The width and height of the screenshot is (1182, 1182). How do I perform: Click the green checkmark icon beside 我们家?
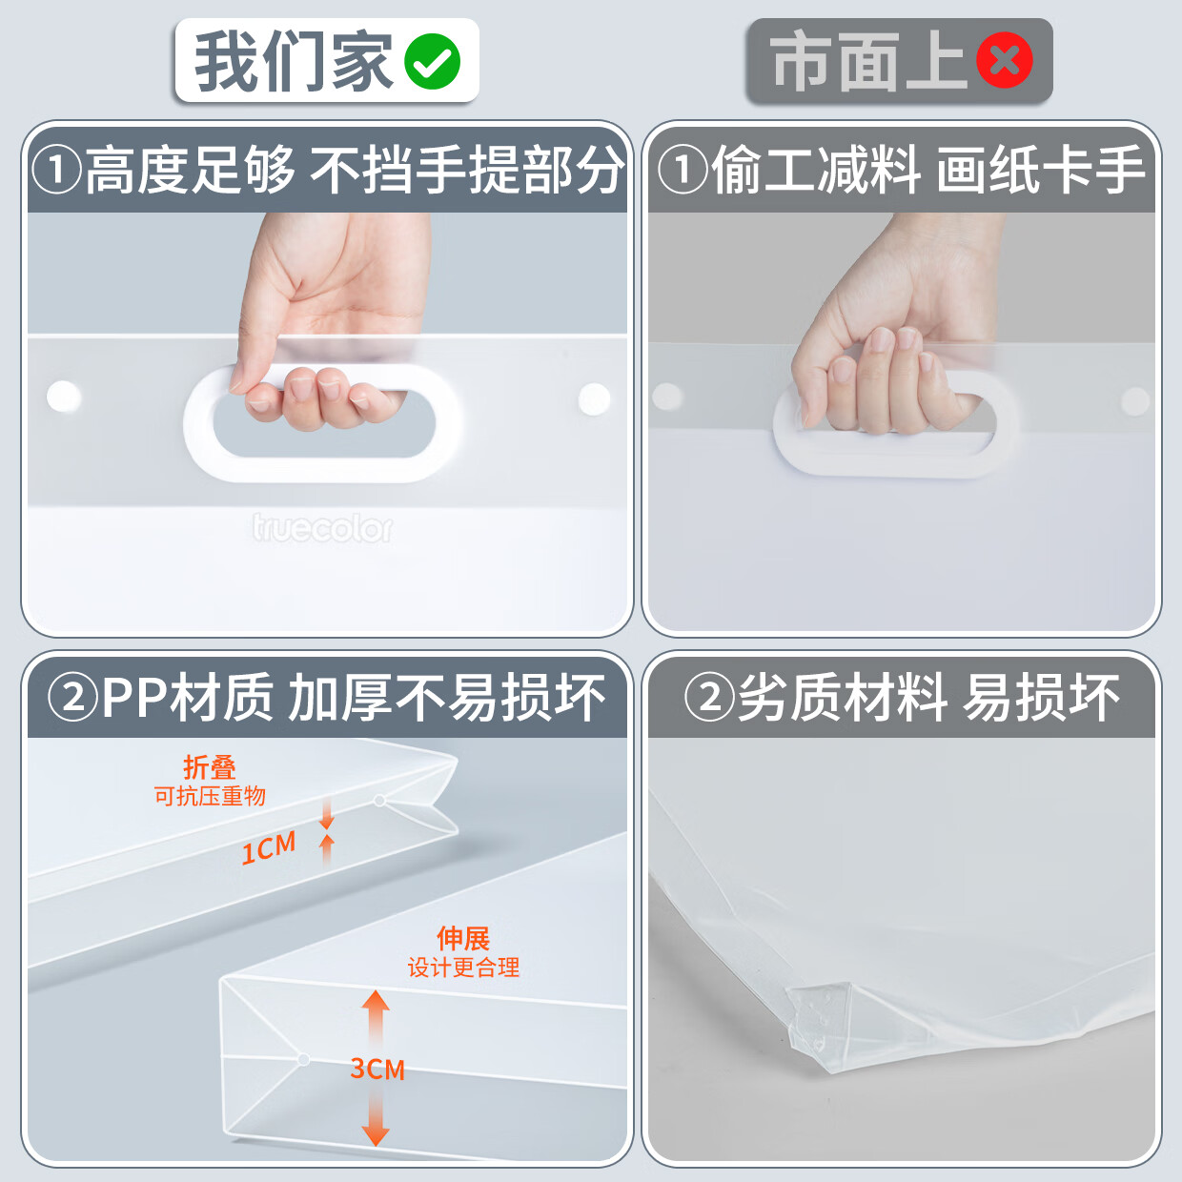click(432, 62)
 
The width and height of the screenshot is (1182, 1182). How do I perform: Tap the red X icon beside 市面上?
click(1005, 61)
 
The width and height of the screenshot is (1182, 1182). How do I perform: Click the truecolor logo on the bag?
click(322, 527)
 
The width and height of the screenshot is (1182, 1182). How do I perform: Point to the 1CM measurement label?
click(268, 847)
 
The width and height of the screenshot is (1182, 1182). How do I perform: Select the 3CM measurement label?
click(377, 1069)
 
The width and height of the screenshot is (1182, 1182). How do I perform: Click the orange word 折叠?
click(210, 767)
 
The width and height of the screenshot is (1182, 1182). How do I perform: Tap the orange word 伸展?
click(463, 938)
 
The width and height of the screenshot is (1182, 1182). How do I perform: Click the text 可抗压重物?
click(210, 796)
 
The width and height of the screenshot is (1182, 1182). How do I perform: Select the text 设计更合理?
click(463, 968)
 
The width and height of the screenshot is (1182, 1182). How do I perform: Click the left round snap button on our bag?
click(64, 396)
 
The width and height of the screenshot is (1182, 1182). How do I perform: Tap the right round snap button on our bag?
click(594, 398)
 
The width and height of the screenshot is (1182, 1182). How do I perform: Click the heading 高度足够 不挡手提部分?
click(353, 171)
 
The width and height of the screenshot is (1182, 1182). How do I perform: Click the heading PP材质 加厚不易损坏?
click(353, 698)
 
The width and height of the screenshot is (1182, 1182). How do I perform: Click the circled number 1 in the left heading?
click(56, 171)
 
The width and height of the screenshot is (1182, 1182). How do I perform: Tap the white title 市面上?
click(867, 62)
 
